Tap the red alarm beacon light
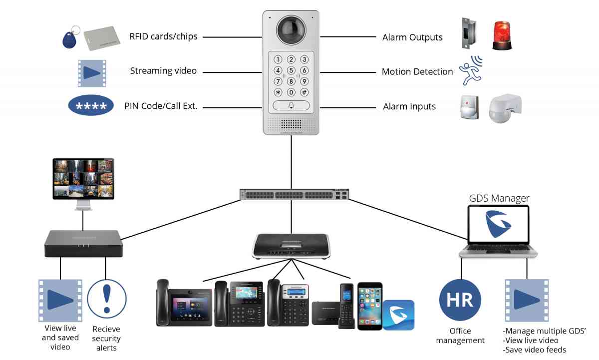point(502,35)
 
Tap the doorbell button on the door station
point(291,106)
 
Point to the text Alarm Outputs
point(412,37)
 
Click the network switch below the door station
point(292,195)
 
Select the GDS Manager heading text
point(499,198)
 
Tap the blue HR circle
point(460,301)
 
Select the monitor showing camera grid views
point(83,178)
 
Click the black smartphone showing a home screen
point(369,305)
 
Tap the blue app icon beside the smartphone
point(398,315)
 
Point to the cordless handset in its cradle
point(346,306)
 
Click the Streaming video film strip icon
point(92,73)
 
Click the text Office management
point(460,336)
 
